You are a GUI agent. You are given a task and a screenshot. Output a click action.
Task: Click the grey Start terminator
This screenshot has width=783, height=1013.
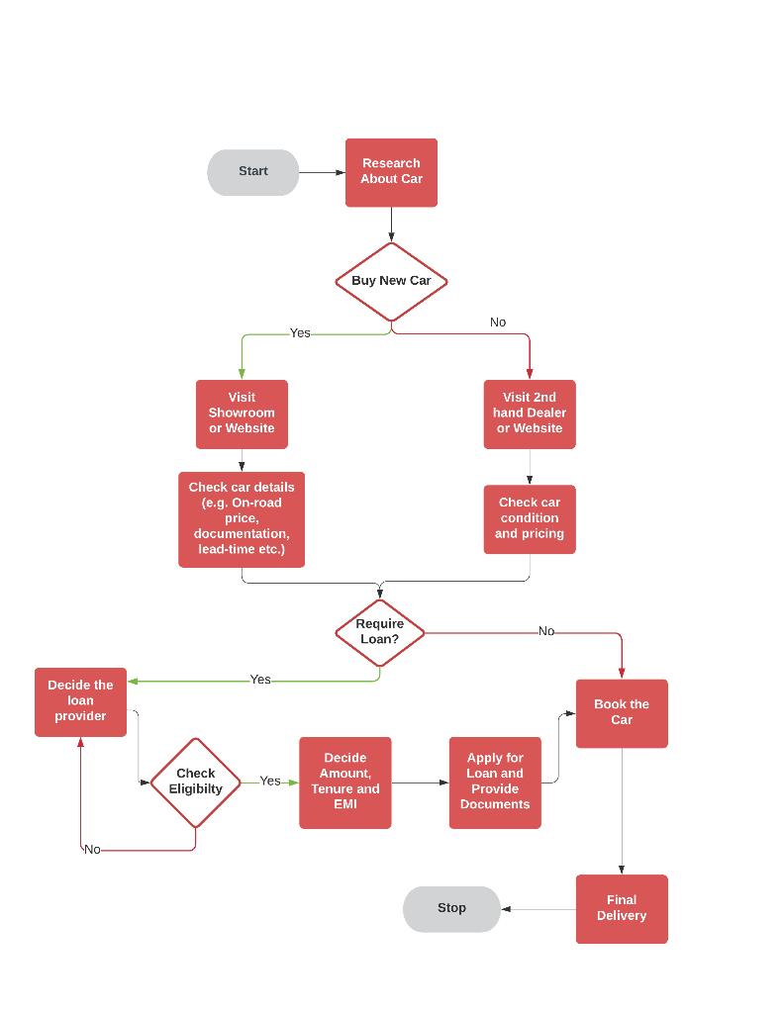pos(252,172)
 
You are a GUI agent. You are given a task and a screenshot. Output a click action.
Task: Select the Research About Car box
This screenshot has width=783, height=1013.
pos(391,172)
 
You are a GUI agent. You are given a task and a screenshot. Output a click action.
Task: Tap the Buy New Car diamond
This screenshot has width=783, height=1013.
pos(391,281)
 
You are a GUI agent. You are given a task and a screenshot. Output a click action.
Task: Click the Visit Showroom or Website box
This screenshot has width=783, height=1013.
pos(242,414)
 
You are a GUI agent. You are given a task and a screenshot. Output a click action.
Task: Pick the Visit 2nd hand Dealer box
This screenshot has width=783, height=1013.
pos(530,414)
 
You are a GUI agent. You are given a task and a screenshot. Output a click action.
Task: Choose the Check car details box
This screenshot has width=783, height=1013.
pos(242,518)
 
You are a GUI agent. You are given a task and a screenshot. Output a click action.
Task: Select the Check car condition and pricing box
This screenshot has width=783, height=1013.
pos(530,518)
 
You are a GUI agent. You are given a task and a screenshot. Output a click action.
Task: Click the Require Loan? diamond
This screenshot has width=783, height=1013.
pos(380,632)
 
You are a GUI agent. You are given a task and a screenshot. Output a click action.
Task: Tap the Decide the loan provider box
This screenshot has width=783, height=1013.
pos(80,701)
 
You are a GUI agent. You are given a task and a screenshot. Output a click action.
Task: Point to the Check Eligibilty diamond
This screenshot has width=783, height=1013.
pos(195,782)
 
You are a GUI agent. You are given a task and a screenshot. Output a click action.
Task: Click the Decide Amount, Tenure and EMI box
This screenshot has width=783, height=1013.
pos(344,782)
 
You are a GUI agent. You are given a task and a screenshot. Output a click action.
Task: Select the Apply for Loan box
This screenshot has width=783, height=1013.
pos(495,782)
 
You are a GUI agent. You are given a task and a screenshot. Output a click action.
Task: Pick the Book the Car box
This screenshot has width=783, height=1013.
pos(622,712)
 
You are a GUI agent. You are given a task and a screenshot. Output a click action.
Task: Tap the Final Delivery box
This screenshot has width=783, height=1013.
pos(622,908)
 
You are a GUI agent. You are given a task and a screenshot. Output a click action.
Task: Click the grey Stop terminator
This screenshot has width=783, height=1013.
pos(451,908)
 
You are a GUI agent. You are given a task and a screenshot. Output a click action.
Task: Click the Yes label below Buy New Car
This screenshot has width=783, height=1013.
pos(300,333)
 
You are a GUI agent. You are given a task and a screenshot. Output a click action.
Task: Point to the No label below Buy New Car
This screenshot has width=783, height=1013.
pos(498,322)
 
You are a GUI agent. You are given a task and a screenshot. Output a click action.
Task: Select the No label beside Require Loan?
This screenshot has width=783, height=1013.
pos(546,631)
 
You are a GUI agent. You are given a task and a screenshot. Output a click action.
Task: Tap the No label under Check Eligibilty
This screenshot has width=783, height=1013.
pos(92,850)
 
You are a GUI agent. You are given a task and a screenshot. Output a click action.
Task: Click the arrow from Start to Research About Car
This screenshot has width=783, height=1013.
pos(322,172)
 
